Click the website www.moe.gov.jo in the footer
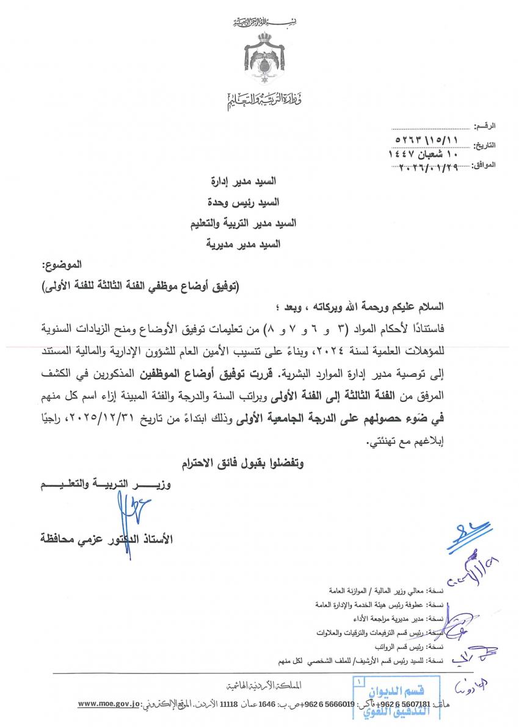point(109,704)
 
